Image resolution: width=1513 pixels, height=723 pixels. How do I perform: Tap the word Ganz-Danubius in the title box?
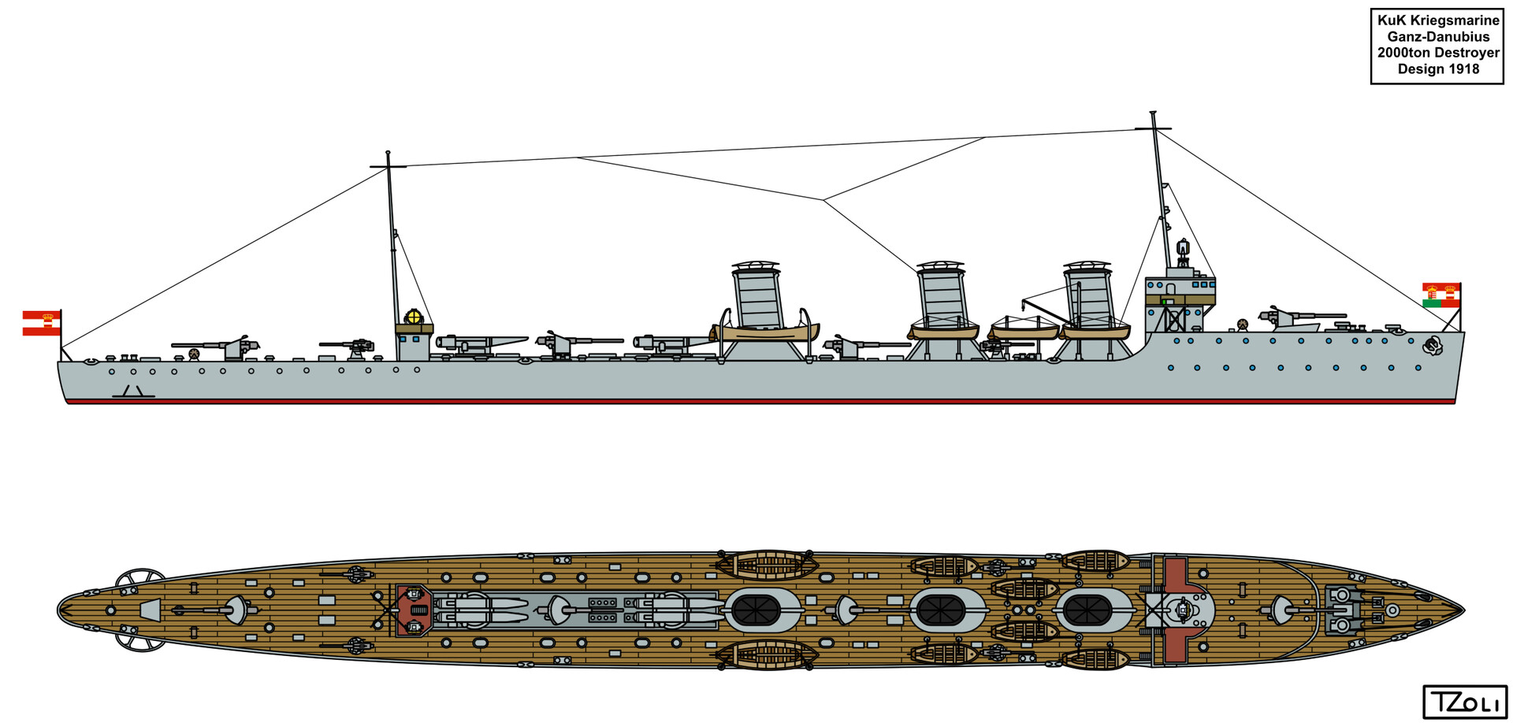click(1438, 36)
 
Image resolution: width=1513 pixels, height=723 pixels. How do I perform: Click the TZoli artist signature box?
click(1464, 701)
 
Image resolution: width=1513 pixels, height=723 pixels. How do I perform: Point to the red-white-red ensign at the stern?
click(41, 323)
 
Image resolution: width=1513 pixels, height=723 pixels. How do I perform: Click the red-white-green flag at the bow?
click(1441, 295)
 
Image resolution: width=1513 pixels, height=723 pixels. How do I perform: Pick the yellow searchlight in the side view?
click(413, 317)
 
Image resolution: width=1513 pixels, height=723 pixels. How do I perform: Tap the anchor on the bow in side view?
click(1432, 344)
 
